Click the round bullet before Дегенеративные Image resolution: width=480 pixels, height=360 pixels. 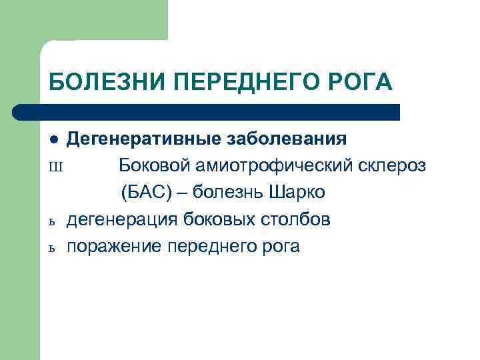(55, 139)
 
